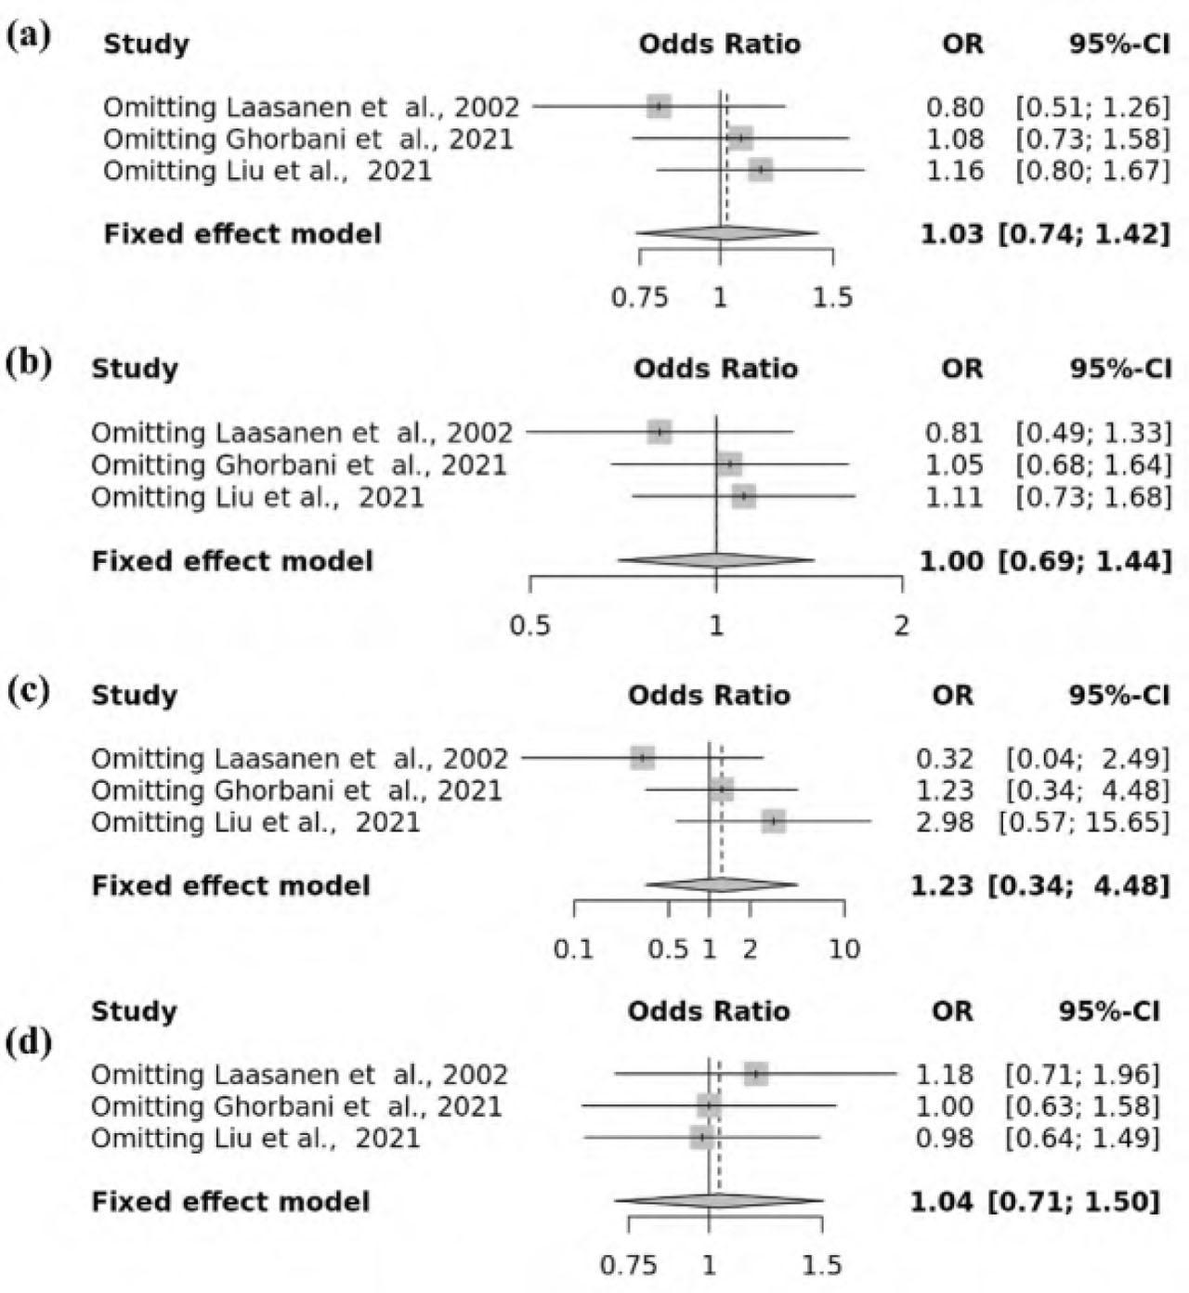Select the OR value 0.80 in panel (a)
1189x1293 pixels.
[955, 107]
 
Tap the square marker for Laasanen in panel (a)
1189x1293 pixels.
[659, 107]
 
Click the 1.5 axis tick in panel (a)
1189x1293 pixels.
[832, 297]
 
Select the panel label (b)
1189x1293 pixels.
[29, 363]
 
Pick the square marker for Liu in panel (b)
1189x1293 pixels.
[744, 497]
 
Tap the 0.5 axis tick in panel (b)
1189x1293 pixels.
[529, 625]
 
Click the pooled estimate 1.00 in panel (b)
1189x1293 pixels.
[951, 561]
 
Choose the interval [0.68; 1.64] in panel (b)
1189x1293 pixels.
[1092, 464]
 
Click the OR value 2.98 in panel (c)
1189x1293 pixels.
[945, 822]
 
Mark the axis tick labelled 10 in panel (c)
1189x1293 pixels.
[844, 949]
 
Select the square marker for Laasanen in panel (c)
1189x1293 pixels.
[642, 758]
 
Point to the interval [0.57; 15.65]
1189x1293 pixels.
[1083, 822]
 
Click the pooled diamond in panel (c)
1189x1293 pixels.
[721, 885]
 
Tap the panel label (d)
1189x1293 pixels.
[29, 1042]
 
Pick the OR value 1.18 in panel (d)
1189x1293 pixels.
[945, 1075]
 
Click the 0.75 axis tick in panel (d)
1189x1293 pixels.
[628, 1264]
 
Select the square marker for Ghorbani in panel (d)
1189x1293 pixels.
[710, 1105]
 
